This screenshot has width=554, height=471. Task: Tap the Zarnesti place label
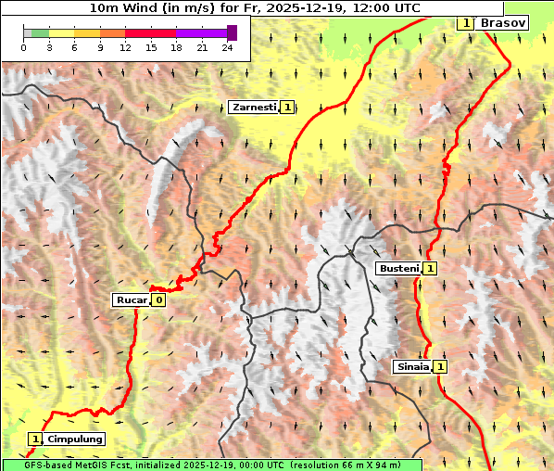click(254, 108)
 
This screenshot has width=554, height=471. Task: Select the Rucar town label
click(132, 299)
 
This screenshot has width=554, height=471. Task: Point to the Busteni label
click(398, 268)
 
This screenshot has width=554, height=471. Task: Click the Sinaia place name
click(412, 366)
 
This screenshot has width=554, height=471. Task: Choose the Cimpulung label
click(74, 439)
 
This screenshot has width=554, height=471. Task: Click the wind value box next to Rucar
click(159, 299)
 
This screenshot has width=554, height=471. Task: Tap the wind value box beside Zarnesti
click(288, 108)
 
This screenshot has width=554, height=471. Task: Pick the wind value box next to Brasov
click(466, 22)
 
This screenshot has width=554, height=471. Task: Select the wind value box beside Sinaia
click(441, 366)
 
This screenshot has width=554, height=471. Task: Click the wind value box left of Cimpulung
click(35, 439)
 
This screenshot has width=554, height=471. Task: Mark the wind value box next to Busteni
click(431, 268)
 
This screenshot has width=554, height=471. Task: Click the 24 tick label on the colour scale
click(227, 47)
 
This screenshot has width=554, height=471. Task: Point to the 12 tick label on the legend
click(125, 47)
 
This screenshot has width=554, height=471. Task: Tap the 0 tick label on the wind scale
click(23, 47)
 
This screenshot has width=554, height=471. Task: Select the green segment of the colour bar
click(39, 32)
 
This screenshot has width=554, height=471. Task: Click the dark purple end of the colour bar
click(232, 32)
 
